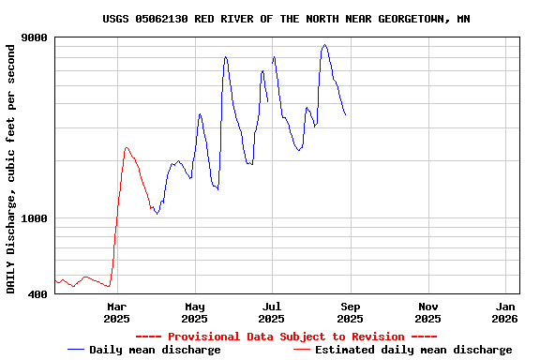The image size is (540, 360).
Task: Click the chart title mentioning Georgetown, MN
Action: [286, 19]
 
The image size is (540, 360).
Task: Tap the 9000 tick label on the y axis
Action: [35, 38]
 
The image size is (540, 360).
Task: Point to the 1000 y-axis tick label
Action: [35, 218]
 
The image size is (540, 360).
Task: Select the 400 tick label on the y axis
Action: [38, 294]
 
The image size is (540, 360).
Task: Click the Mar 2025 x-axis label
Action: [116, 312]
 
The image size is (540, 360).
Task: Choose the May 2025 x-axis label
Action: [194, 312]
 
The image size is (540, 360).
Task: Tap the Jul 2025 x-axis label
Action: [272, 312]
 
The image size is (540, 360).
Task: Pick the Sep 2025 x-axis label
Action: [350, 312]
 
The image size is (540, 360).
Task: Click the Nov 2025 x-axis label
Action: [427, 312]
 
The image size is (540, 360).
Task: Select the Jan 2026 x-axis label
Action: [505, 312]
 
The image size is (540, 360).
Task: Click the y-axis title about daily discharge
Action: [11, 167]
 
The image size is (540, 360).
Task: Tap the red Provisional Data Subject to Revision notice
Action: [286, 337]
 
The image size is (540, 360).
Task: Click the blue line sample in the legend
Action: [76, 350]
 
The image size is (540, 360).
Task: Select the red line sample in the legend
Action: [301, 350]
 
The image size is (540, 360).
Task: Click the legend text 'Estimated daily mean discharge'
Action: [413, 350]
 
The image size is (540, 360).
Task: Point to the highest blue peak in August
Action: [324, 44]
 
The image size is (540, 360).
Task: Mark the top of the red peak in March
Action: [127, 147]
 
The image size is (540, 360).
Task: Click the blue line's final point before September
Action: [346, 115]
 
